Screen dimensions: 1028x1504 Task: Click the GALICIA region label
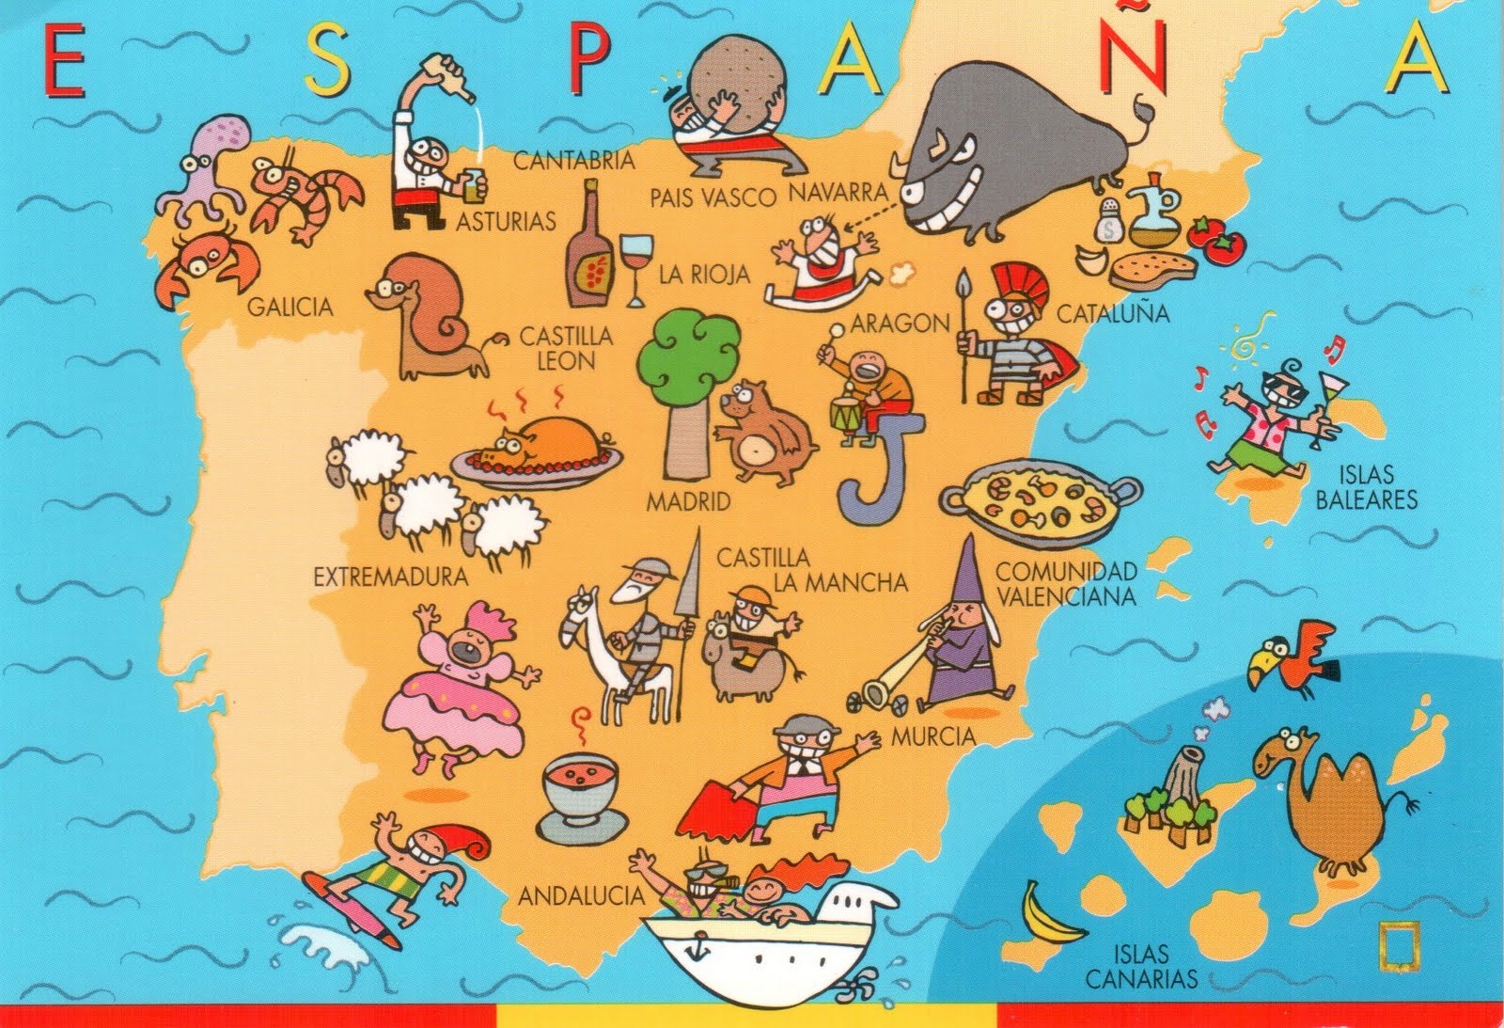[x=290, y=308]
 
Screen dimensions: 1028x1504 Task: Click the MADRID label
[x=688, y=501]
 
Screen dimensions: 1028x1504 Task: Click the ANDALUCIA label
[x=581, y=896]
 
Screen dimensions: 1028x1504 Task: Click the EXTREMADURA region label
[x=390, y=576]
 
